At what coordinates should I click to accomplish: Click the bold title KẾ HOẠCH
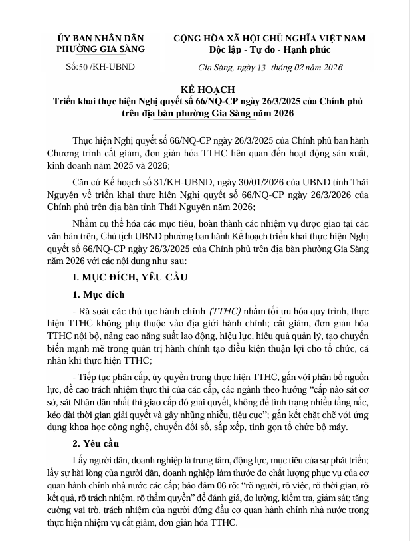204,90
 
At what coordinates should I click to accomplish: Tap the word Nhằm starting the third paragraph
86,220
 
